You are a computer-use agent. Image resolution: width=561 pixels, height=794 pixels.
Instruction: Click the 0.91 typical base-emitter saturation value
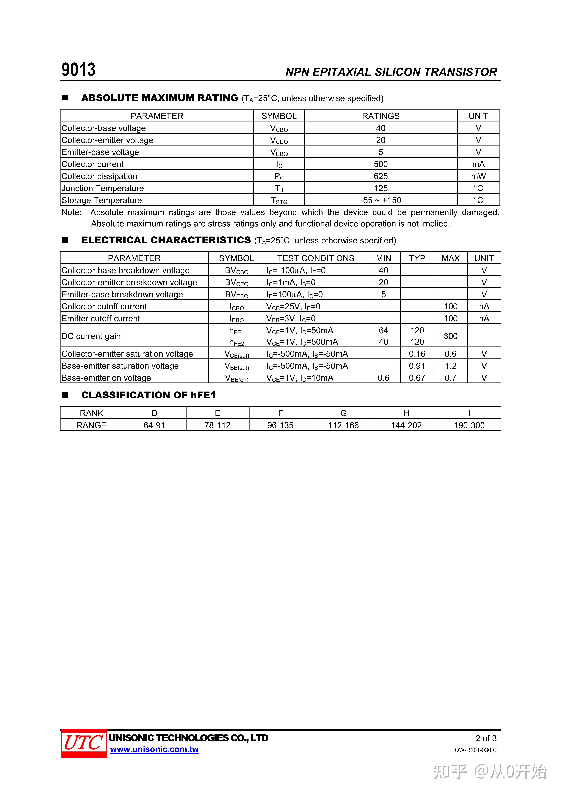(417, 366)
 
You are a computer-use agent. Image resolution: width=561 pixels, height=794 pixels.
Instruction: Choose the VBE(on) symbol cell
(237, 378)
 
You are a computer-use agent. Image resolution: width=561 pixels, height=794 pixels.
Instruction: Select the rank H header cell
(406, 413)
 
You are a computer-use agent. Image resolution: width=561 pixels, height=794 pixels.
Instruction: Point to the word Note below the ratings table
(71, 212)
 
